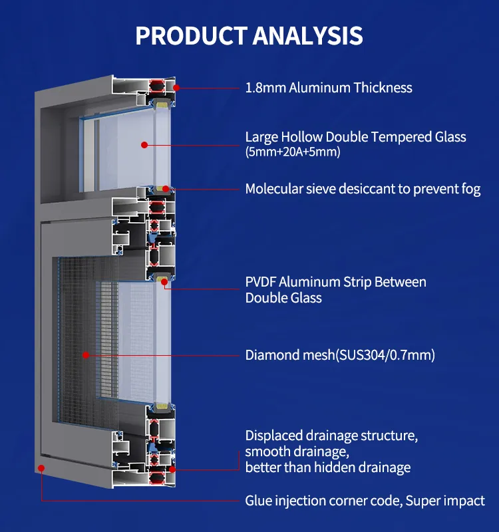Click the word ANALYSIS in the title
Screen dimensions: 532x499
pos(306,35)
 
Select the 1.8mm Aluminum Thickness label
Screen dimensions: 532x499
pos(329,88)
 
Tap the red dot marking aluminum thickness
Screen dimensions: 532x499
pos(176,87)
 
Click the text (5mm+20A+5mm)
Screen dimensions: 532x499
pos(293,153)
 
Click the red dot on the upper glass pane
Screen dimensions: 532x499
pos(144,144)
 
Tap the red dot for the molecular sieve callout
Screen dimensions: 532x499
pos(165,189)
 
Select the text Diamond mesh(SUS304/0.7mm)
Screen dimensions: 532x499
pos(340,355)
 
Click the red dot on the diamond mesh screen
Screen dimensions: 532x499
pos(86,354)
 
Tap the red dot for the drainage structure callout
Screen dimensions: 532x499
pos(172,469)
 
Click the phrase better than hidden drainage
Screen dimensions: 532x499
pos(328,467)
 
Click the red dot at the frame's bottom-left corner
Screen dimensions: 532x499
pos(41,468)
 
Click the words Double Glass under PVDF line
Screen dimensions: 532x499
pos(283,298)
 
